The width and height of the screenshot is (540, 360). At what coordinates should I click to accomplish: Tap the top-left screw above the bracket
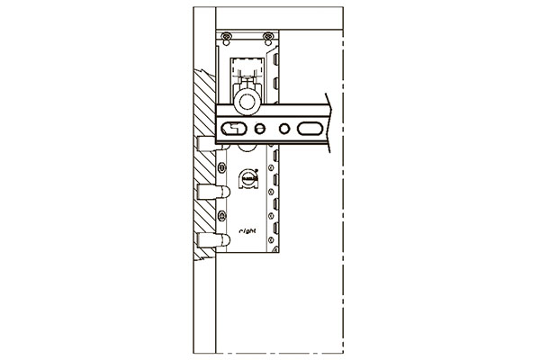tap(227, 36)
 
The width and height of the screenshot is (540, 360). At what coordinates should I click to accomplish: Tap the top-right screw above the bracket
tap(267, 36)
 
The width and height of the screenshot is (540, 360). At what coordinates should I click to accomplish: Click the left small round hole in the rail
tap(264, 129)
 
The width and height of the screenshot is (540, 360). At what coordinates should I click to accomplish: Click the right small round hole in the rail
tap(284, 129)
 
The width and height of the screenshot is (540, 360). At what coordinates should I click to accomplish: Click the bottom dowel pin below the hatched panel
tap(209, 240)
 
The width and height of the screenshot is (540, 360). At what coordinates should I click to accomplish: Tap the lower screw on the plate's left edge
tap(221, 215)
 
